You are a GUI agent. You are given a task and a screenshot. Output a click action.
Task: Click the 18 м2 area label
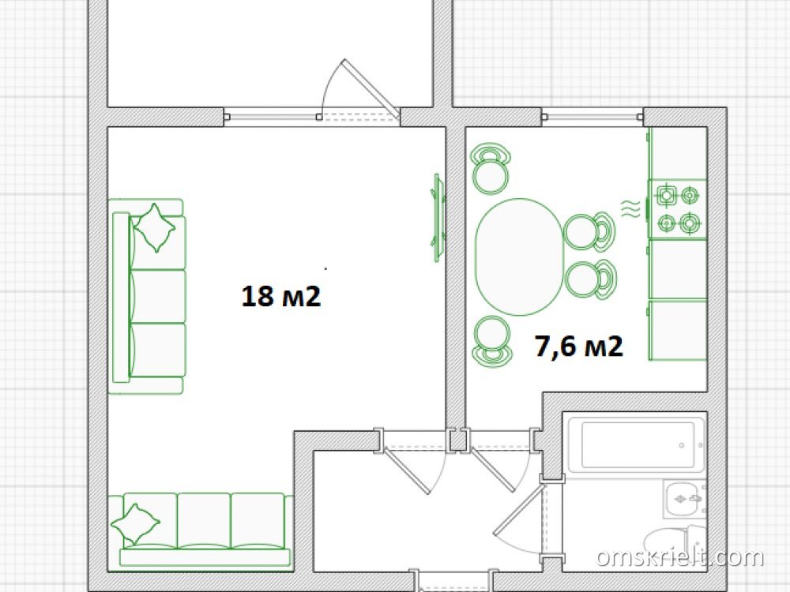[x=281, y=296]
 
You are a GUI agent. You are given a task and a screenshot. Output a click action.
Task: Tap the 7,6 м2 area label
[x=579, y=346]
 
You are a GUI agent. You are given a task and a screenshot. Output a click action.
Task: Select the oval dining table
[x=520, y=257]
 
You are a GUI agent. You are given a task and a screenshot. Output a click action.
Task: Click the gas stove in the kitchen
[x=677, y=209]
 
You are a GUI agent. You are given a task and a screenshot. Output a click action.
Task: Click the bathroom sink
[x=685, y=499]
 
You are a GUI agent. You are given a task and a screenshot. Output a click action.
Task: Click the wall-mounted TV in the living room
[x=438, y=218]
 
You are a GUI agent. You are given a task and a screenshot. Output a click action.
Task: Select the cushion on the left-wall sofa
[x=155, y=227]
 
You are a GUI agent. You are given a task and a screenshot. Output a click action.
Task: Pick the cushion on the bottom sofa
[x=136, y=523]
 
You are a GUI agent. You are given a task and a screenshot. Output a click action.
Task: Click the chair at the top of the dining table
[x=491, y=169]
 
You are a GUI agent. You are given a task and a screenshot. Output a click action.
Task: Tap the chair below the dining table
[x=491, y=341]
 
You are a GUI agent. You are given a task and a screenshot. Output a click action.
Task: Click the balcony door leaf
[x=371, y=88]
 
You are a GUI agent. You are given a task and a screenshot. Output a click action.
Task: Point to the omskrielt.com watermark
[x=680, y=557]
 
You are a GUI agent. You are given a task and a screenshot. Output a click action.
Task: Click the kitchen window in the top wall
[x=592, y=117]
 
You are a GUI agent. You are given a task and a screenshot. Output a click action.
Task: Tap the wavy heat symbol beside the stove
[x=630, y=208]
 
